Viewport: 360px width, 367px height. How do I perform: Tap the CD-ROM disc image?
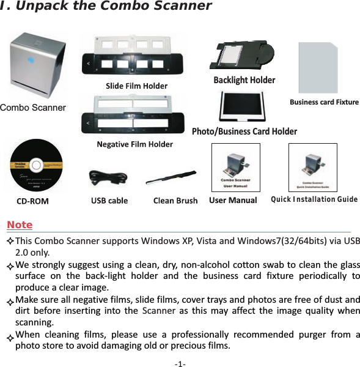coord(37,166)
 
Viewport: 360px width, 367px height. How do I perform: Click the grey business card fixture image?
coord(318,67)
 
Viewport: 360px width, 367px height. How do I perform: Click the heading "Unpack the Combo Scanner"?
coord(109,7)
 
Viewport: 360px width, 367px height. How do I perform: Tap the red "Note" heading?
coord(20,225)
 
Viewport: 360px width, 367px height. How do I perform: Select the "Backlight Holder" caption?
coord(244,80)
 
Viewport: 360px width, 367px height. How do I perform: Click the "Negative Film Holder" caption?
coord(134,144)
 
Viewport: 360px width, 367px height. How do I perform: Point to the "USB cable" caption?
coord(109,200)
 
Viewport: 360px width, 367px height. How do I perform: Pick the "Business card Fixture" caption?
coord(324,102)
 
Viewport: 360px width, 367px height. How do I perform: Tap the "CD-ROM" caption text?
coord(32,201)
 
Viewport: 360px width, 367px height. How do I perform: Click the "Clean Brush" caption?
coord(175,200)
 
